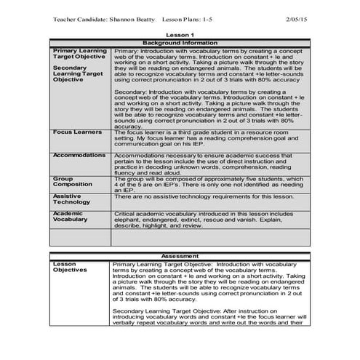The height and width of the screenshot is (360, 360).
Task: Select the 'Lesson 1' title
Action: [x=180, y=35]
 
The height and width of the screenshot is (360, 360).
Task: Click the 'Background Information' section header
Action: [x=180, y=43]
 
